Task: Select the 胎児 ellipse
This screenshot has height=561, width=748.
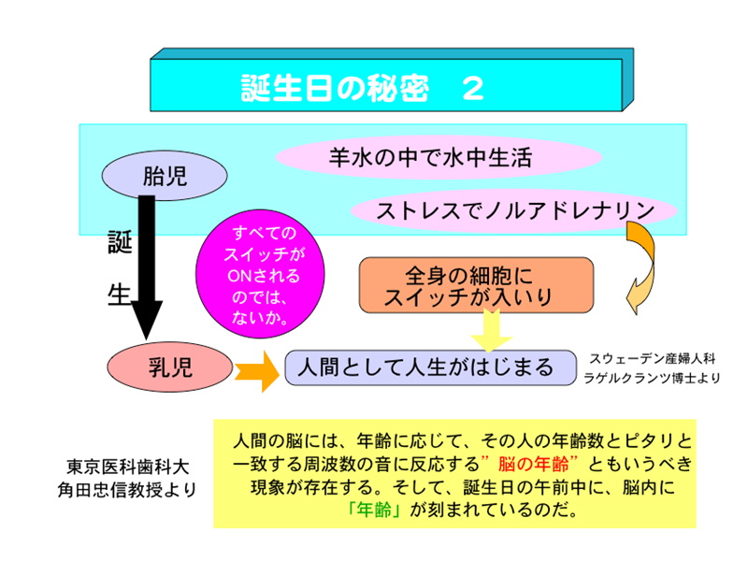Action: (165, 175)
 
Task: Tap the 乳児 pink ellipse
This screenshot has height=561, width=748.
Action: (168, 367)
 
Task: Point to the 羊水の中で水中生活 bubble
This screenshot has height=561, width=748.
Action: (429, 156)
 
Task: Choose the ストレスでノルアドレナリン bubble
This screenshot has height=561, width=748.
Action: (514, 211)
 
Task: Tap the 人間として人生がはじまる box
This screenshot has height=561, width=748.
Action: (425, 367)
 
